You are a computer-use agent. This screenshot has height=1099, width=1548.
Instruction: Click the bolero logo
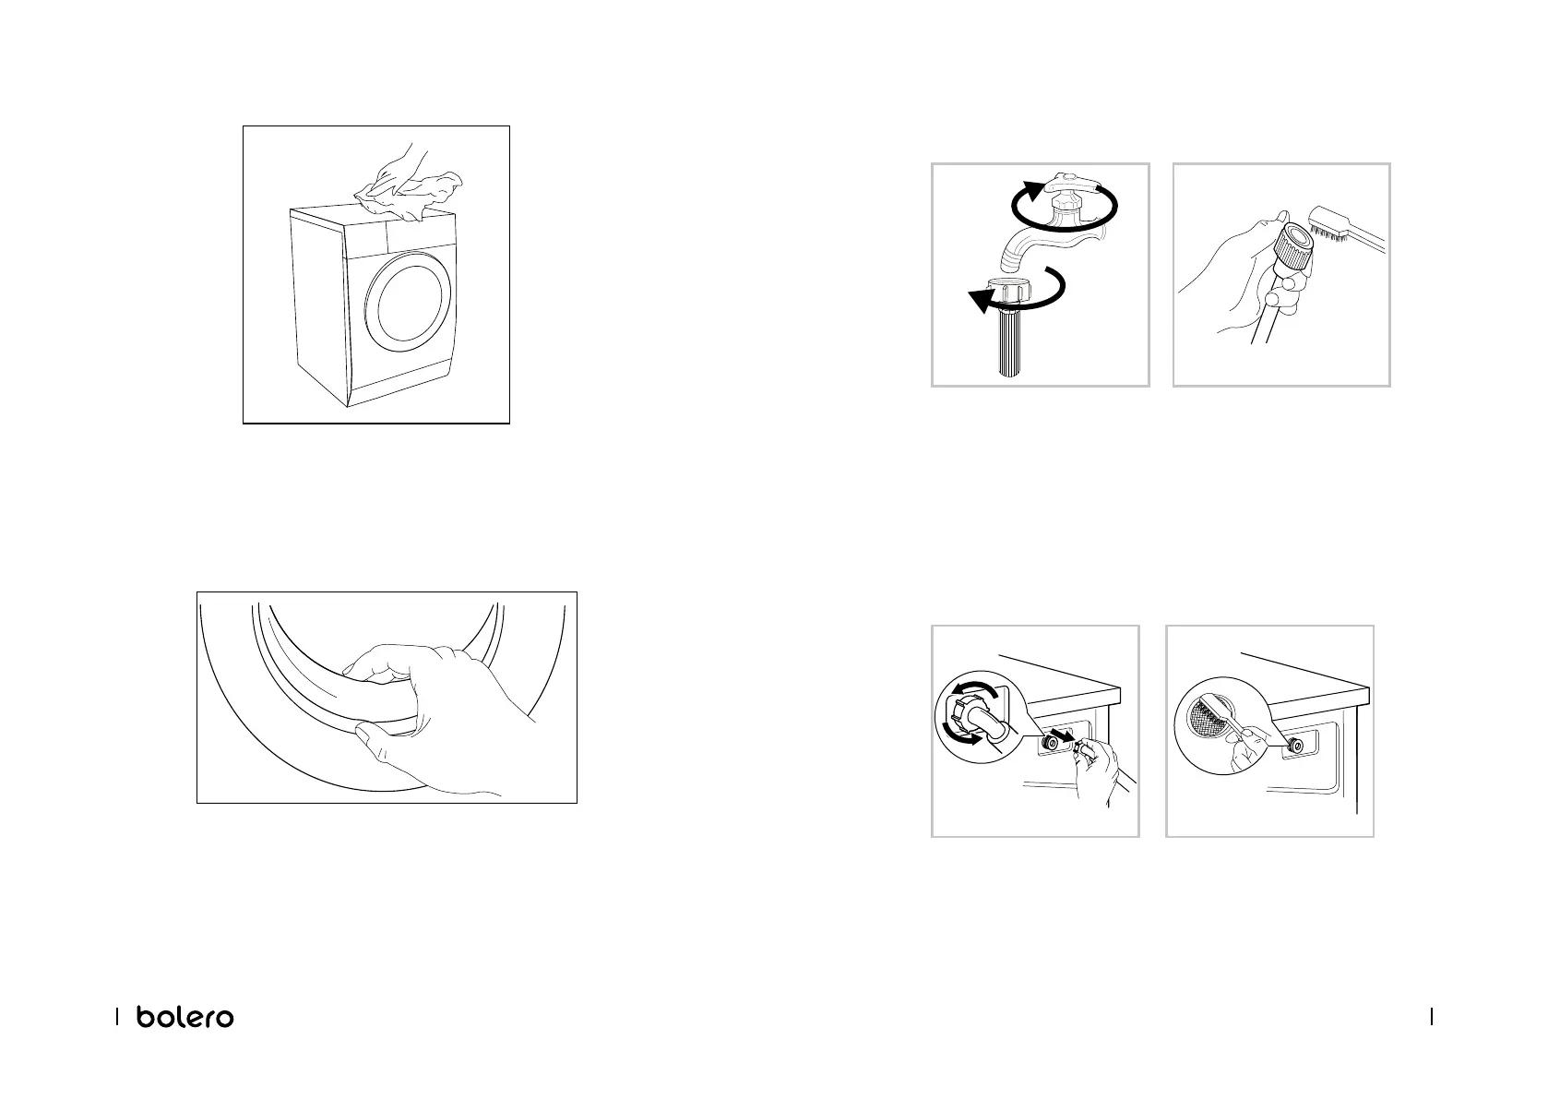point(185,1017)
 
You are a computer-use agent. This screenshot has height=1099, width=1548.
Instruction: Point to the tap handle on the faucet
point(1076,185)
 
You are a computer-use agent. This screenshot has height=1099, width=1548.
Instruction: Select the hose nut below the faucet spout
point(1008,289)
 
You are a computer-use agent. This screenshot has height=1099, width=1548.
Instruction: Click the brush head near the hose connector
point(1326,224)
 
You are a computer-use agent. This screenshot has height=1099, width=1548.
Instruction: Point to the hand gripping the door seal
point(428,719)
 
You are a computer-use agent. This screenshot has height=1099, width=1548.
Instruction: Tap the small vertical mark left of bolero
point(117,1017)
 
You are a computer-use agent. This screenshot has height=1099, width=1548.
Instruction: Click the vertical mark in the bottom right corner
point(1432,1017)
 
